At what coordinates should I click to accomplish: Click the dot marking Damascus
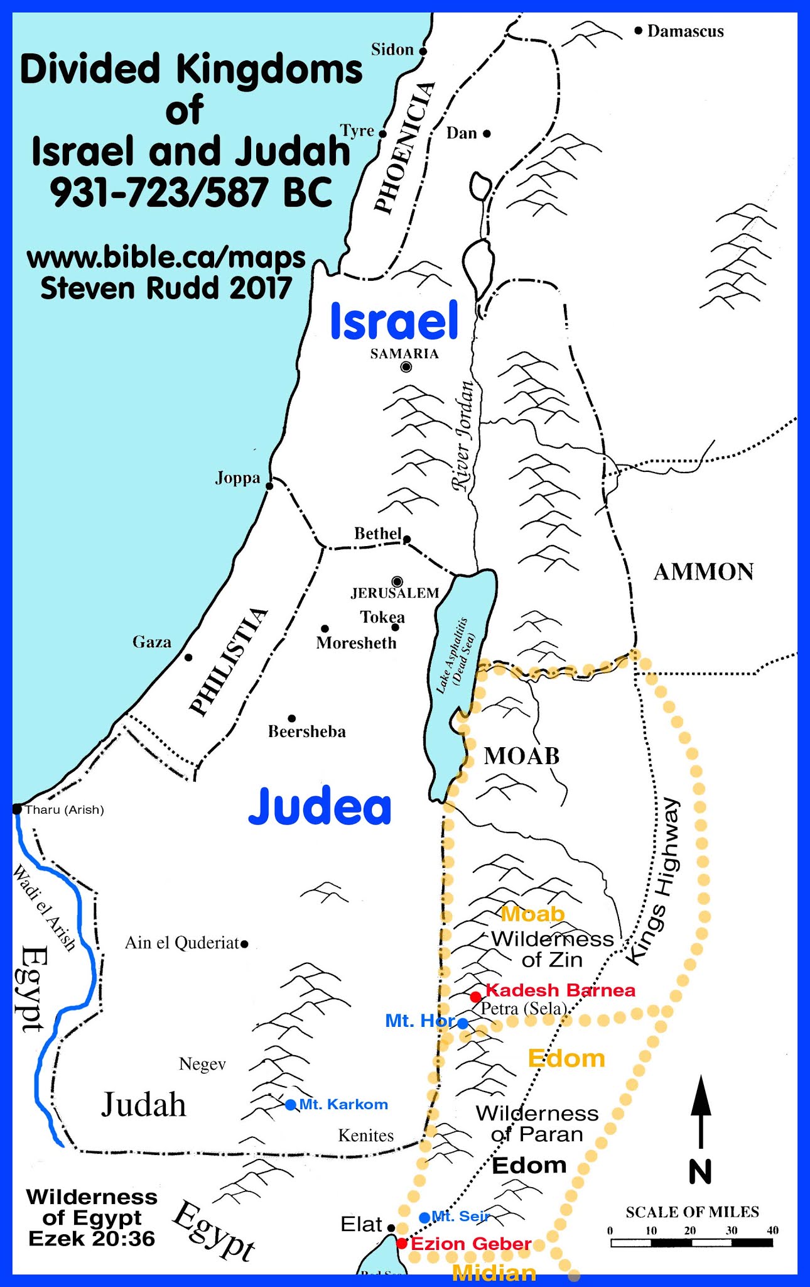click(x=638, y=30)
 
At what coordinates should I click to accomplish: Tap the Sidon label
click(x=392, y=50)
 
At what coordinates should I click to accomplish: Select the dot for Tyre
click(x=382, y=134)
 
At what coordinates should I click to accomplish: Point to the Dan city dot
click(x=487, y=133)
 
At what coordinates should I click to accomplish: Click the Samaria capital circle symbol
click(x=406, y=367)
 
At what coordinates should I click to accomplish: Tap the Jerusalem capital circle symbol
click(x=397, y=582)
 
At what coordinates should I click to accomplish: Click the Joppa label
click(x=237, y=478)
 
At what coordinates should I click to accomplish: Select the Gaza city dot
click(x=188, y=657)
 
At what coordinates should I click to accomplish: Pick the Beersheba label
click(x=306, y=731)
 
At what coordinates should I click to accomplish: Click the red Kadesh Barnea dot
click(x=476, y=997)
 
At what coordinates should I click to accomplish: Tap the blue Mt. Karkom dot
click(x=290, y=1105)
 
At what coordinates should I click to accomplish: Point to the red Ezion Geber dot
click(x=402, y=1243)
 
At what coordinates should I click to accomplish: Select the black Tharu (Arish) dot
click(x=17, y=809)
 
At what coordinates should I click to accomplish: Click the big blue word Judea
click(x=320, y=807)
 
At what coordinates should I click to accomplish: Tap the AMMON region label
click(x=703, y=572)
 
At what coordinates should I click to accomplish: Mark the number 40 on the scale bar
click(x=772, y=1230)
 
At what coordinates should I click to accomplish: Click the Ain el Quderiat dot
click(x=244, y=943)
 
